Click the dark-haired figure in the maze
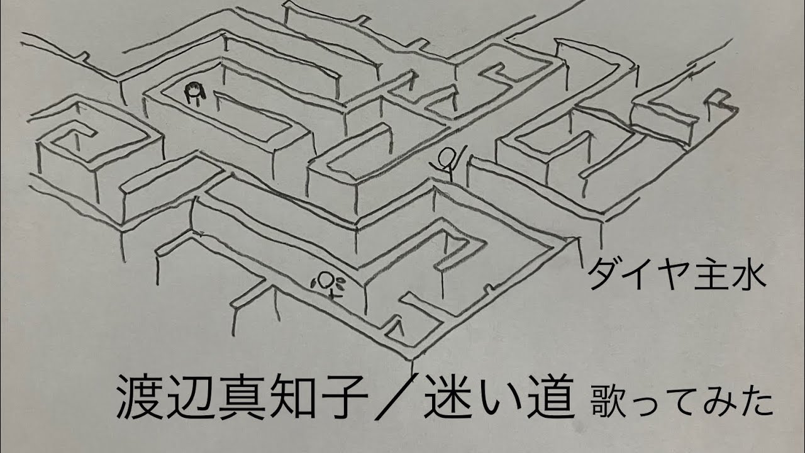click(194, 93)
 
